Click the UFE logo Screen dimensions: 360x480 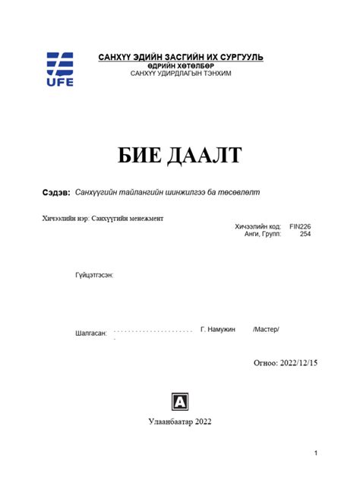click(60, 69)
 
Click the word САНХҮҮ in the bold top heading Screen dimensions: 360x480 click(115, 58)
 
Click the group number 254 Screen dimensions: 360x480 click(305, 235)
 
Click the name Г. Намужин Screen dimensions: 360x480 click(218, 329)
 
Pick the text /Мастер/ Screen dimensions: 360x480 click(266, 329)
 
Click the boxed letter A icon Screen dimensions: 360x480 click(180, 401)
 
